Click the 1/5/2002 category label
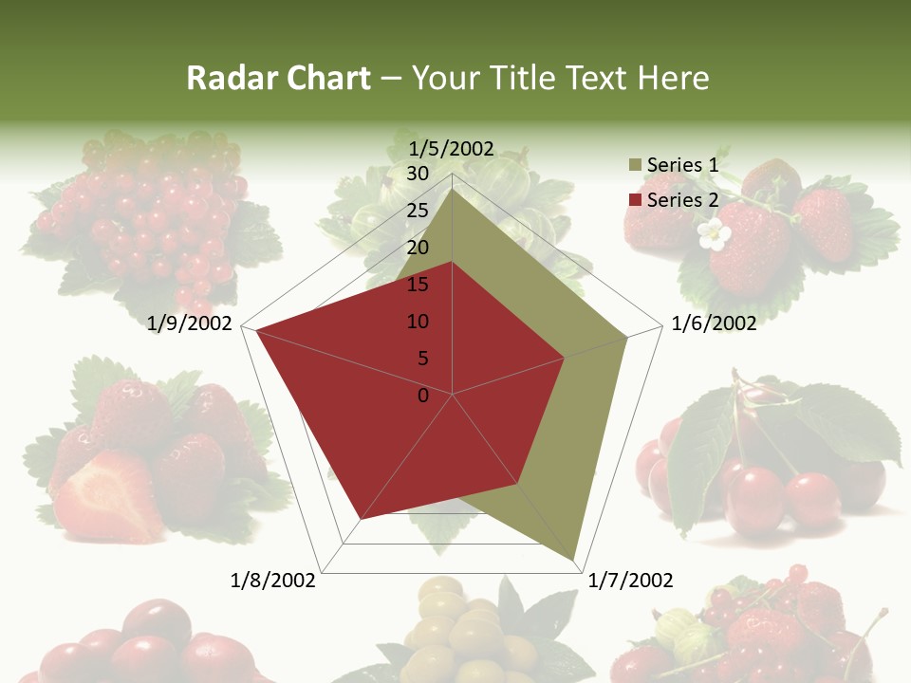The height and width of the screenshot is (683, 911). (452, 148)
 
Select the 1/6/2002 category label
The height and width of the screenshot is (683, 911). (714, 323)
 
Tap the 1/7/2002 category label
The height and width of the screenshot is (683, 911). (631, 581)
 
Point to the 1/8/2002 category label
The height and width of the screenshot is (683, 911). (273, 581)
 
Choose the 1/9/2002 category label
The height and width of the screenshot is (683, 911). (190, 323)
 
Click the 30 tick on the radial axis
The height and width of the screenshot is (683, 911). (418, 174)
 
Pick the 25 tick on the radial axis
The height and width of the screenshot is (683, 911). (418, 211)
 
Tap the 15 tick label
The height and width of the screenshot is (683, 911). (418, 285)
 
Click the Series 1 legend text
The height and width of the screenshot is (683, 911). (682, 165)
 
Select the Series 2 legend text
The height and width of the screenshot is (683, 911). (682, 200)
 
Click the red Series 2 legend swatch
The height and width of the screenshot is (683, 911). (634, 200)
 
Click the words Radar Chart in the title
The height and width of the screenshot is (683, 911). (278, 79)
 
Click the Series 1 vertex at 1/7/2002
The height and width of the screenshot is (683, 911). (573, 560)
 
